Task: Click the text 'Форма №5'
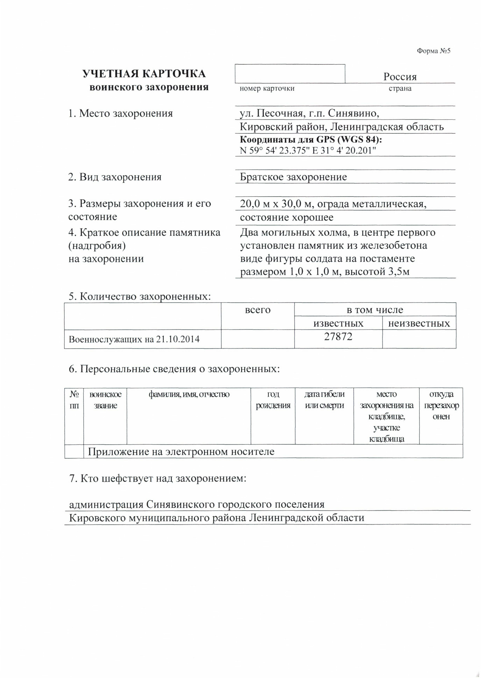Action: (433, 51)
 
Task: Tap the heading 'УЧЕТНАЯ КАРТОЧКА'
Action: (144, 74)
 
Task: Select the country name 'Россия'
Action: (400, 77)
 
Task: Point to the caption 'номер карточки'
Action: (267, 88)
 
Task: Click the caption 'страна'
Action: (400, 88)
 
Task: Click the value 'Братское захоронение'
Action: (293, 177)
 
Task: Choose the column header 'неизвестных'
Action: (419, 323)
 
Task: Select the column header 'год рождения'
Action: (273, 400)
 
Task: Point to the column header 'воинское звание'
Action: (105, 400)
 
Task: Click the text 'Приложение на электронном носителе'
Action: (181, 452)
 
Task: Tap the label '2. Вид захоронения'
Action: (115, 177)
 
